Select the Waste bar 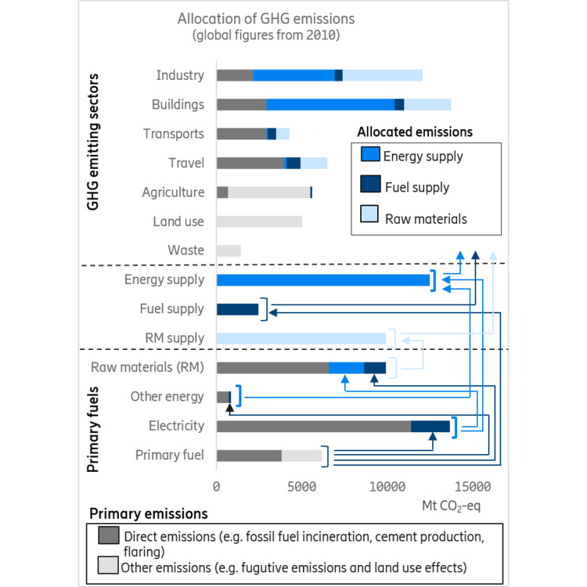click(x=229, y=250)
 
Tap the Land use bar click(x=259, y=221)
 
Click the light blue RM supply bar click(x=301, y=338)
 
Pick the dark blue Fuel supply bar click(x=237, y=309)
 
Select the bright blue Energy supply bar click(x=323, y=279)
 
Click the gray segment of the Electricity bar click(x=313, y=426)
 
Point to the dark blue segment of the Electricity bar click(x=430, y=426)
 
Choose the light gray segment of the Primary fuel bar click(x=301, y=456)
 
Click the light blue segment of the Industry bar click(x=383, y=75)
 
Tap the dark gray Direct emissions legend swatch click(x=109, y=535)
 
